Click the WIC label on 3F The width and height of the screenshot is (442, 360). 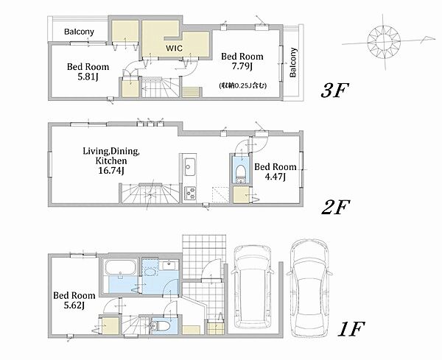point(174,48)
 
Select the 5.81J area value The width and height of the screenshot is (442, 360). point(88,77)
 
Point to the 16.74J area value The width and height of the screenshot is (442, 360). point(111,170)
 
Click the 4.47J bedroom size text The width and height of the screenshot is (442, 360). point(275,177)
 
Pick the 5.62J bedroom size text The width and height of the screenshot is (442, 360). point(74,305)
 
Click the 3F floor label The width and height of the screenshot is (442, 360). point(334,90)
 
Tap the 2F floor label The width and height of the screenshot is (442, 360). point(335,207)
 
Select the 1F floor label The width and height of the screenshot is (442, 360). point(351,329)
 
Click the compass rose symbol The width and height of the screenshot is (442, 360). point(384,42)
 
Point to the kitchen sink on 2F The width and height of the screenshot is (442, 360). point(189,166)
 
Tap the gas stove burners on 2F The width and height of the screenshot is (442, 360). point(190,194)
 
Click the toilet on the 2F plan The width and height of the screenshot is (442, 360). point(240,172)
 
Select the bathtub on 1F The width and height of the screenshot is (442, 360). point(120,267)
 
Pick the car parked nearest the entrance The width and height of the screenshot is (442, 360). point(252,289)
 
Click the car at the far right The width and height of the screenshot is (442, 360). point(309,288)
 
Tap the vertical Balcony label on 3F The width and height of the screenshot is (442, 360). point(293,63)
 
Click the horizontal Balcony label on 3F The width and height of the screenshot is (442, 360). point(79,31)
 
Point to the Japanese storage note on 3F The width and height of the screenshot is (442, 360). point(242,85)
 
